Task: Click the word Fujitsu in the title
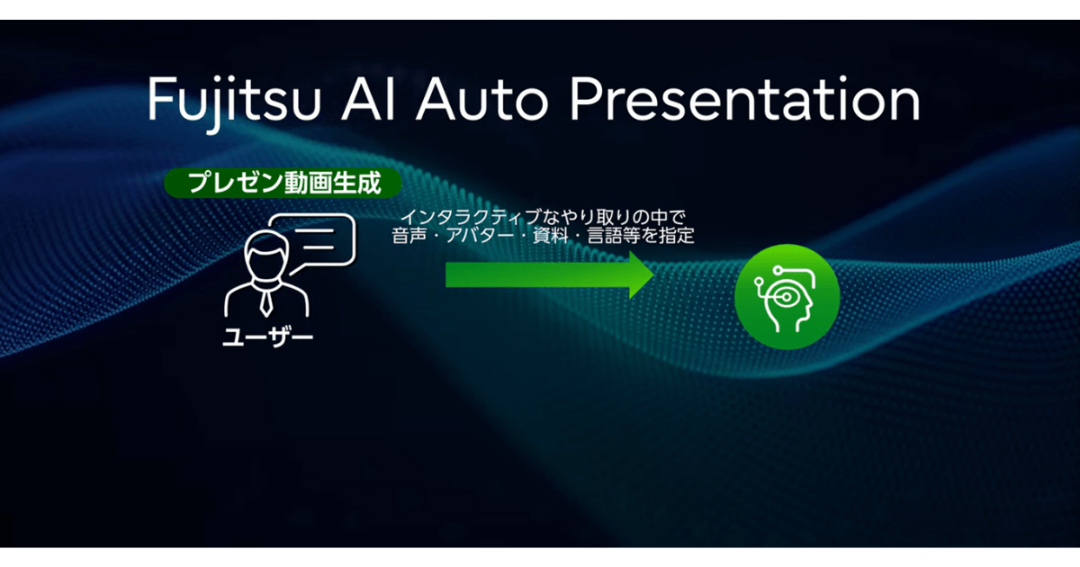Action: click(234, 102)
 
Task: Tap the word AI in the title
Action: click(369, 99)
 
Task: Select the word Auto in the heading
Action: click(481, 99)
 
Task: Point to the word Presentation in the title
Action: click(745, 99)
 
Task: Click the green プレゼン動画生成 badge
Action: click(283, 183)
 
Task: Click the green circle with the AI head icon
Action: click(787, 296)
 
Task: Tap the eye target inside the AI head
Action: click(786, 297)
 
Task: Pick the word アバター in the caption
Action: click(480, 236)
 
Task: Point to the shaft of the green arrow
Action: click(537, 274)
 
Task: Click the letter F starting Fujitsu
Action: click(160, 99)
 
